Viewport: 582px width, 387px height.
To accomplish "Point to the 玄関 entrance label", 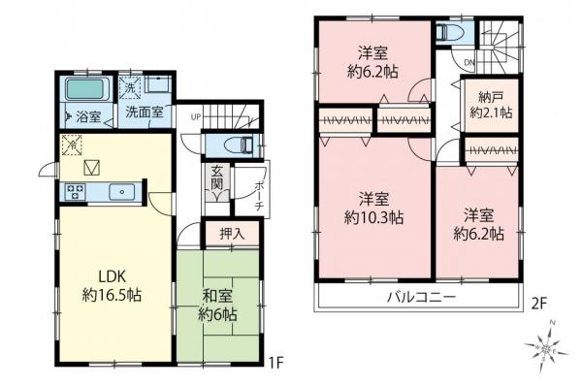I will coord(218,178).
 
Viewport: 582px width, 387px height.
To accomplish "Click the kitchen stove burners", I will coord(74,191).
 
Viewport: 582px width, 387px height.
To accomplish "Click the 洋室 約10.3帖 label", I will coord(373,209).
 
